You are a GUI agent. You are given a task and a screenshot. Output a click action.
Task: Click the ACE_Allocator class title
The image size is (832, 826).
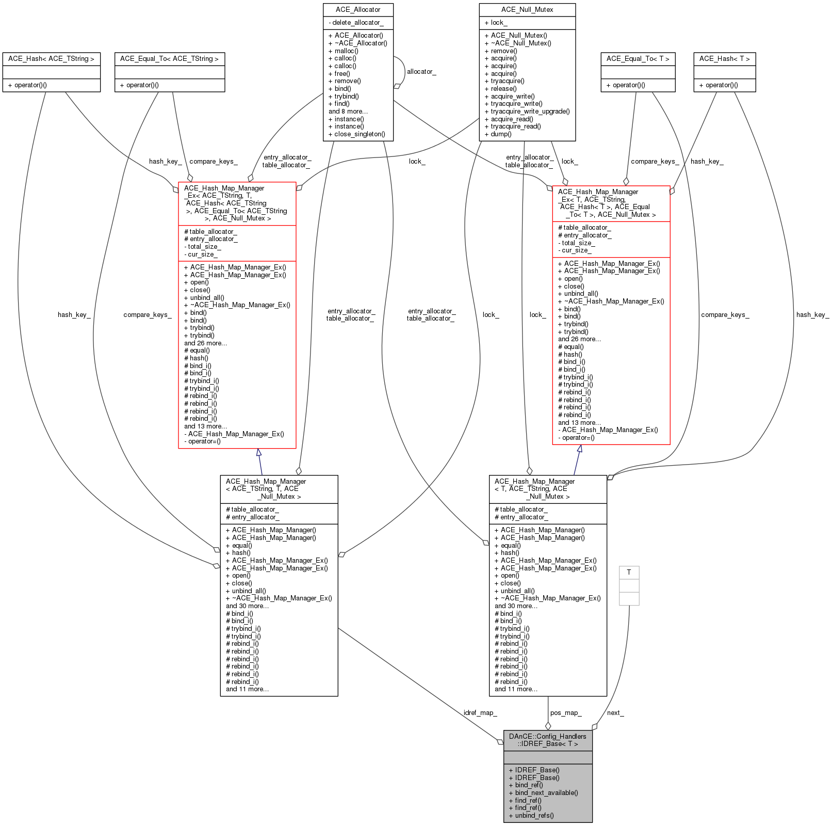[x=358, y=10]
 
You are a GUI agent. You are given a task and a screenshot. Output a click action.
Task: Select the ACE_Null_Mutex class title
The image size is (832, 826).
[x=527, y=10]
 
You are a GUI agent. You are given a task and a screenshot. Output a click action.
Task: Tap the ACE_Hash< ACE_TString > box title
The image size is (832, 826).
[x=51, y=59]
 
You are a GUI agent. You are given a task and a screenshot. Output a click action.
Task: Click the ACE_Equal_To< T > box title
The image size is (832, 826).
[x=638, y=59]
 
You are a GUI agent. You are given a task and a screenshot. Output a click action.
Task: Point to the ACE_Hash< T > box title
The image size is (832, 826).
[x=725, y=59]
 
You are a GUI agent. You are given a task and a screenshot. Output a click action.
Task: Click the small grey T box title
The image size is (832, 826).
[x=629, y=573]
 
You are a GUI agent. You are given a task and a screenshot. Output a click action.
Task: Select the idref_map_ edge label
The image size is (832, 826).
[x=480, y=713]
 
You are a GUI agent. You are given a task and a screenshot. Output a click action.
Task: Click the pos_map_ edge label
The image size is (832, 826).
[x=566, y=713]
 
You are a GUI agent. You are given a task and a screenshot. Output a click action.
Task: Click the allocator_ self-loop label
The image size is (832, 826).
[x=421, y=72]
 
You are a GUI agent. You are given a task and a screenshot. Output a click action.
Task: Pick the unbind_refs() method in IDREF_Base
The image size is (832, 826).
[x=531, y=816]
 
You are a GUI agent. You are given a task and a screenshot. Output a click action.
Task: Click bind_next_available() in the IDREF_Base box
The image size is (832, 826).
[x=544, y=793]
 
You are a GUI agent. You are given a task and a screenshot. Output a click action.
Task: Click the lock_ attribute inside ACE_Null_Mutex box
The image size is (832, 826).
[x=496, y=23]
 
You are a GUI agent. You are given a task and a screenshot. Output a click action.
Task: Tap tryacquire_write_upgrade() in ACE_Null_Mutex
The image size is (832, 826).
[x=527, y=112]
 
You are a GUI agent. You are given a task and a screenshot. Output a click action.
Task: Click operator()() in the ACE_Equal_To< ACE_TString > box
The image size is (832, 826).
[x=139, y=85]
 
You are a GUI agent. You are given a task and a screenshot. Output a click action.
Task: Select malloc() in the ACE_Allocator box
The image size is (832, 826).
[x=344, y=51]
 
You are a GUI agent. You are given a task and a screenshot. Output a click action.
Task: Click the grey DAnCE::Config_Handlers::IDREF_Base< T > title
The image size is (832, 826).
[x=548, y=740]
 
